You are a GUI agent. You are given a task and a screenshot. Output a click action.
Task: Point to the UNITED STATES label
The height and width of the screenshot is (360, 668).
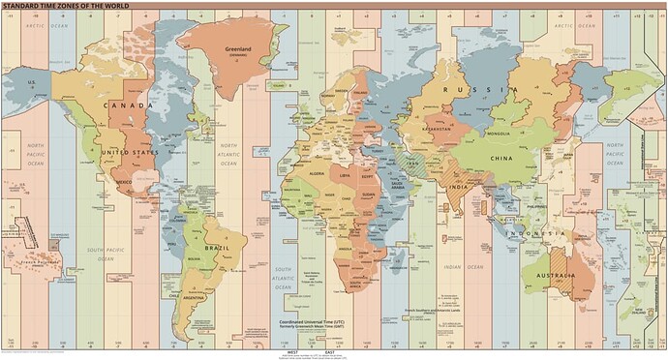[131, 152]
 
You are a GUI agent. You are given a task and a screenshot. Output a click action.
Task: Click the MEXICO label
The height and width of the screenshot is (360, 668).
[124, 181]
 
